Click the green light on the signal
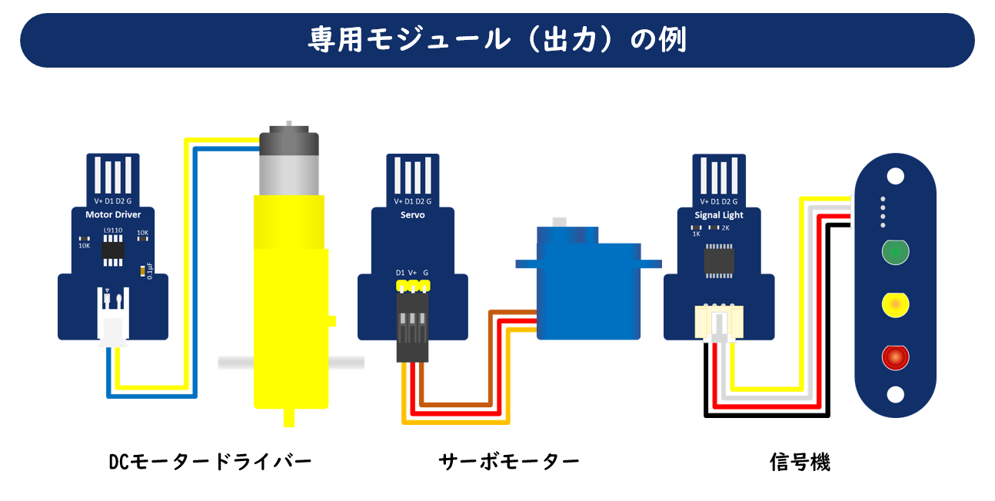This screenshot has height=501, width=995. pyautogui.click(x=894, y=251)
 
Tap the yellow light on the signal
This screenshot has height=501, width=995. pyautogui.click(x=894, y=305)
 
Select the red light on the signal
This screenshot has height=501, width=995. pyautogui.click(x=894, y=357)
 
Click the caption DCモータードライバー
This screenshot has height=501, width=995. pyautogui.click(x=210, y=462)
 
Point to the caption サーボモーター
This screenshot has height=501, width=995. pyautogui.click(x=509, y=462)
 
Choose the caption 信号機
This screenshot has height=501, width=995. pyautogui.click(x=800, y=462)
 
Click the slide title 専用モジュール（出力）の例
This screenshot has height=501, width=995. pyautogui.click(x=497, y=40)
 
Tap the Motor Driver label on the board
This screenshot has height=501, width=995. pyautogui.click(x=113, y=214)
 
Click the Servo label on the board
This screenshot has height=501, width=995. pyautogui.click(x=412, y=214)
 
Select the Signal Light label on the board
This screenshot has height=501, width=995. pyautogui.click(x=719, y=215)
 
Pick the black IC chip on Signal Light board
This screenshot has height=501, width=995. pyautogui.click(x=718, y=259)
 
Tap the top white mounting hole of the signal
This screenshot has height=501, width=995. pyautogui.click(x=894, y=176)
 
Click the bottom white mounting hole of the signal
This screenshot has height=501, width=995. pyautogui.click(x=894, y=394)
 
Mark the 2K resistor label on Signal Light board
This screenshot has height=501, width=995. pyautogui.click(x=725, y=228)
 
